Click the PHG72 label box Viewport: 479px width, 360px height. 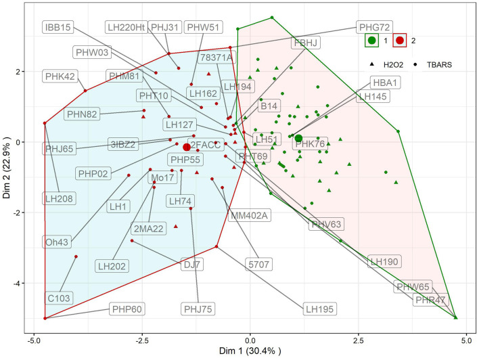(x=373, y=28)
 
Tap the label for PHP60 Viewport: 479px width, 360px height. (x=127, y=309)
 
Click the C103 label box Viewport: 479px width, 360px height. (x=60, y=296)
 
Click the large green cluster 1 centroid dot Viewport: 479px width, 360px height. (x=298, y=138)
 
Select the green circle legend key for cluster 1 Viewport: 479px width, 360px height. (x=371, y=41)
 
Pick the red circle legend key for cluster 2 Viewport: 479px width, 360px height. (x=401, y=41)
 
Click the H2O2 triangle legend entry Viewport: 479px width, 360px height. (x=387, y=64)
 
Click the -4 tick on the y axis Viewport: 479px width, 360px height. (x=20, y=283)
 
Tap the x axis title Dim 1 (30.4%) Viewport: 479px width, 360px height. (x=250, y=352)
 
